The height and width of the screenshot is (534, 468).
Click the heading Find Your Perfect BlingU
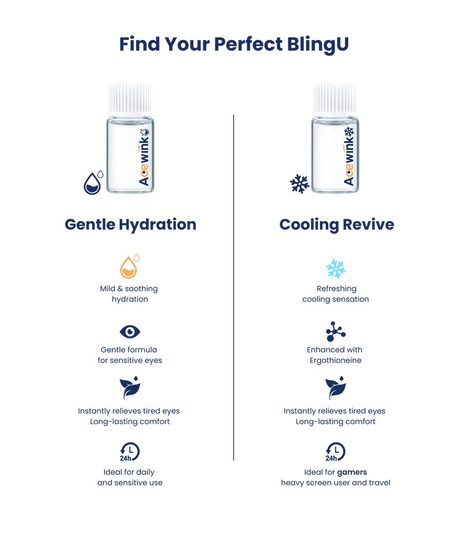pyautogui.click(x=233, y=44)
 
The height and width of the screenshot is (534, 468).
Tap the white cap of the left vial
pyautogui.click(x=130, y=97)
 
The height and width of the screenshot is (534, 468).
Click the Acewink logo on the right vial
pyautogui.click(x=349, y=159)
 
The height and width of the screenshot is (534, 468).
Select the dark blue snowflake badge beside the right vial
pyautogui.click(x=298, y=184)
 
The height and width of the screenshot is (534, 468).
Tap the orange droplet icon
pyautogui.click(x=129, y=267)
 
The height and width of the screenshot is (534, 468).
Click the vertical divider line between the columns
pyautogui.click(x=233, y=287)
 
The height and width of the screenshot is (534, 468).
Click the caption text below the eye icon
pyautogui.click(x=129, y=355)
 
